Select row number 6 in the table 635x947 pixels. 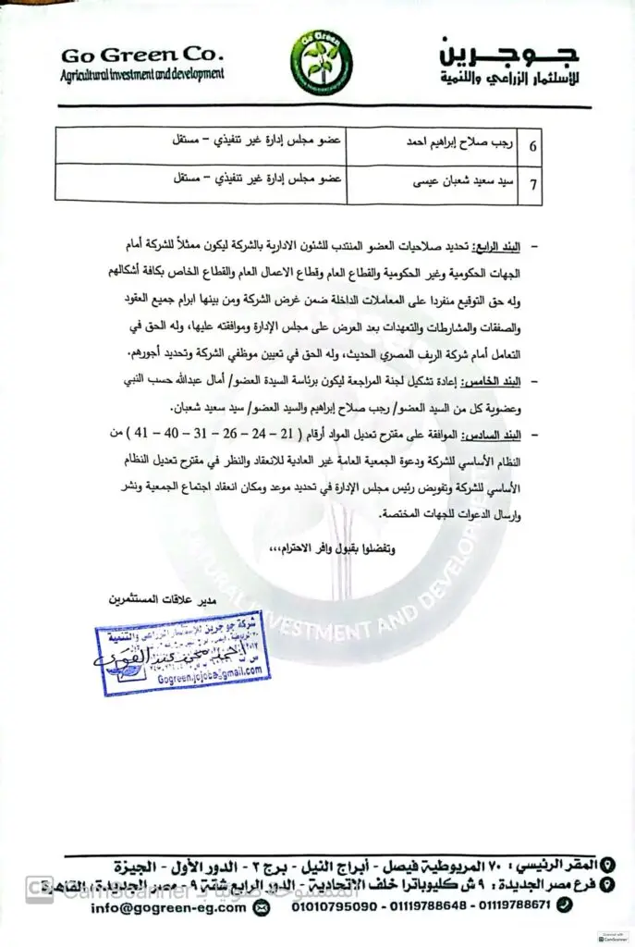[x=534, y=145]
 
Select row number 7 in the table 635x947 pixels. [x=534, y=183]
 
